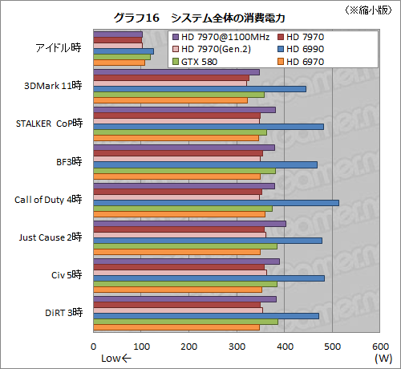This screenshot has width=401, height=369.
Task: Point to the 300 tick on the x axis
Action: [237, 347]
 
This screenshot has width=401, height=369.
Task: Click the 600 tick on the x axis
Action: [380, 347]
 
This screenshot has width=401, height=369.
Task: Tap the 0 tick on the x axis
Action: [94, 347]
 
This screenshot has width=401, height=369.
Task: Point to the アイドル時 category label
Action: [59, 47]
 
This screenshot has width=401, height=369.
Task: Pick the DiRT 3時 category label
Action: [60, 313]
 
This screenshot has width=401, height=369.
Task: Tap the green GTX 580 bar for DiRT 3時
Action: [186, 322]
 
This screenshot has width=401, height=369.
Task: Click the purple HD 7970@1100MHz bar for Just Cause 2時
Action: [190, 224]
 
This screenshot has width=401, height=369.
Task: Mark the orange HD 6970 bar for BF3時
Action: [177, 176]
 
